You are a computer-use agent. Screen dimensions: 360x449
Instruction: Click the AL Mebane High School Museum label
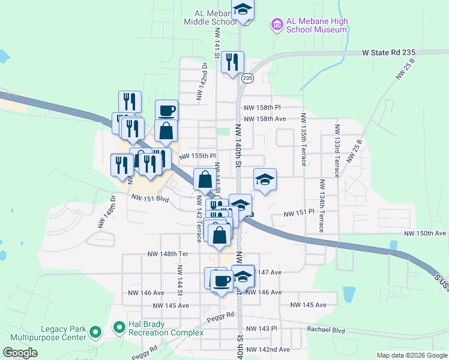318,26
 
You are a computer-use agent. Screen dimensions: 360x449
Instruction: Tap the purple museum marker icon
277,25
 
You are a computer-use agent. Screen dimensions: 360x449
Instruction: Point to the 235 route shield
248,78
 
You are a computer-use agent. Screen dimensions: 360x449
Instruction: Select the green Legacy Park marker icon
95,331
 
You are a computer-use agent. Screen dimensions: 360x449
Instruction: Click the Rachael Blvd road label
326,329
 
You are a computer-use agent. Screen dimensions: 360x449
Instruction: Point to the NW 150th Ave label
425,233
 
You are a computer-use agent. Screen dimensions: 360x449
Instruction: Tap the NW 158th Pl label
262,107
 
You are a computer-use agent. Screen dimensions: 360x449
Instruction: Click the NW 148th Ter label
168,254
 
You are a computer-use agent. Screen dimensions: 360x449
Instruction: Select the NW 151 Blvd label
151,199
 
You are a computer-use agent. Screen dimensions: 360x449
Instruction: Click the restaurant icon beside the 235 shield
232,62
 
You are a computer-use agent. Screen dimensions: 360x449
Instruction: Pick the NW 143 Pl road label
265,329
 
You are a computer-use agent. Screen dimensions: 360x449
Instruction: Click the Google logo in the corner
20,353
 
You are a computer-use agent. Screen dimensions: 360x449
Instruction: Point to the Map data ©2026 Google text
411,355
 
